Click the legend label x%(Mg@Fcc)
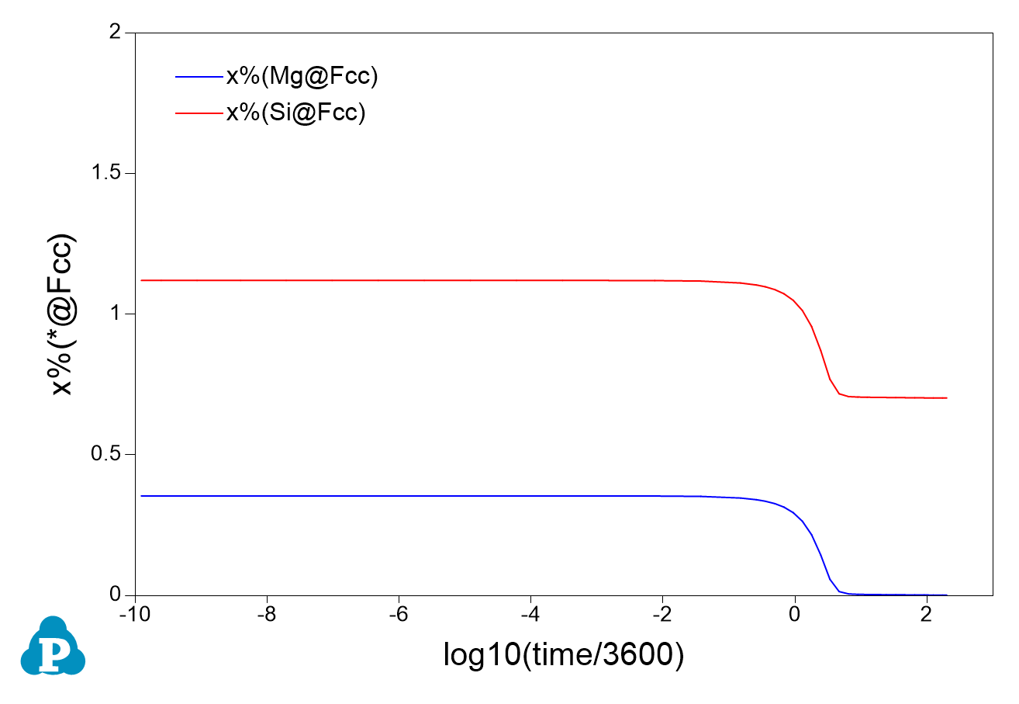(302, 76)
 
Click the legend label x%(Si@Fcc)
(295, 113)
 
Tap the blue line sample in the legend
(199, 76)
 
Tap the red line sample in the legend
(199, 113)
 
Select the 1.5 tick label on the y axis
(108, 173)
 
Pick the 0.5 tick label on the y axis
(108, 454)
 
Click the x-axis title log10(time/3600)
(564, 657)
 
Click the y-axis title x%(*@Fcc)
(62, 314)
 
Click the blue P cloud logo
(53, 646)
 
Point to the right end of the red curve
(947, 397)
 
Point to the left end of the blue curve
(141, 495)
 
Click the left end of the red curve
(141, 279)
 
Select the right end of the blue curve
(947, 595)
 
